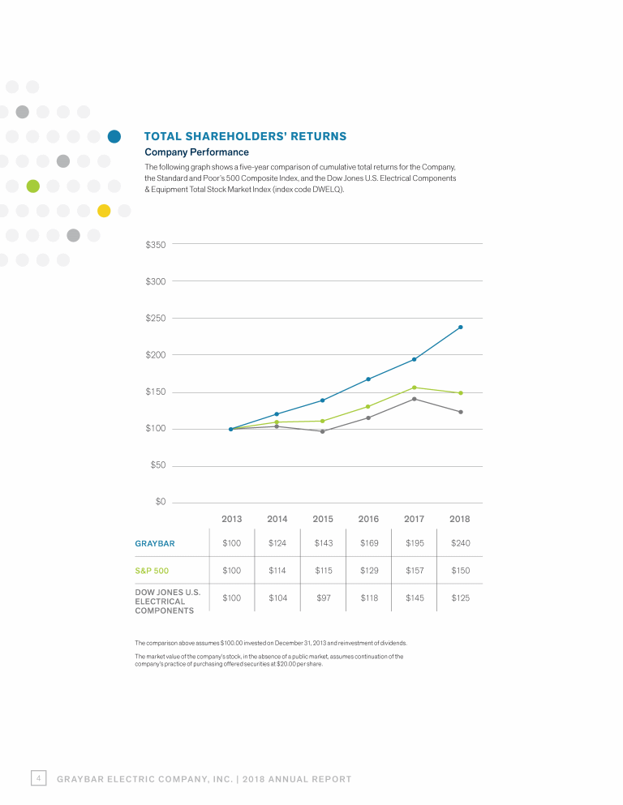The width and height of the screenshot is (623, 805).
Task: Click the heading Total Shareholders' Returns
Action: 245,136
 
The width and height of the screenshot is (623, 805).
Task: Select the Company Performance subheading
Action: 196,152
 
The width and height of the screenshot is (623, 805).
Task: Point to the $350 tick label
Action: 155,244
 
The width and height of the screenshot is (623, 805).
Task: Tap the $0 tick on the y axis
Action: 161,502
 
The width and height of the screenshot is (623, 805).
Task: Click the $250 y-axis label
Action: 155,318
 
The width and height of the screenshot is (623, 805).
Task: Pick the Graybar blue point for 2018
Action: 460,328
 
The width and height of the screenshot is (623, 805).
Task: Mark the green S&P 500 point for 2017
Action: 415,388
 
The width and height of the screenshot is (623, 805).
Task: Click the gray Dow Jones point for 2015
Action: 323,431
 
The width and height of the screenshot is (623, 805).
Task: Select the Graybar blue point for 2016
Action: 368,379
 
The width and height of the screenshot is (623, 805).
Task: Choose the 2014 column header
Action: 277,519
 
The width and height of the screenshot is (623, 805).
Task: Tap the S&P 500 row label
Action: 152,571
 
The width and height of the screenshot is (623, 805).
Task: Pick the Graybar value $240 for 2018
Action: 460,542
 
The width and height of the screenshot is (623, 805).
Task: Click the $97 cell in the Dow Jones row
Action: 323,597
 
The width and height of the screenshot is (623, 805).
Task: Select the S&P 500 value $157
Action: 415,571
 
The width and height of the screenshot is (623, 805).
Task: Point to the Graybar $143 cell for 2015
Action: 323,542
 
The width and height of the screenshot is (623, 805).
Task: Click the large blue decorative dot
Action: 114,136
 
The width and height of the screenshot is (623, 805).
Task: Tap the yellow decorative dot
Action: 104,211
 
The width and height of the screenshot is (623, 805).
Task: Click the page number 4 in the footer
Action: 38,778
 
